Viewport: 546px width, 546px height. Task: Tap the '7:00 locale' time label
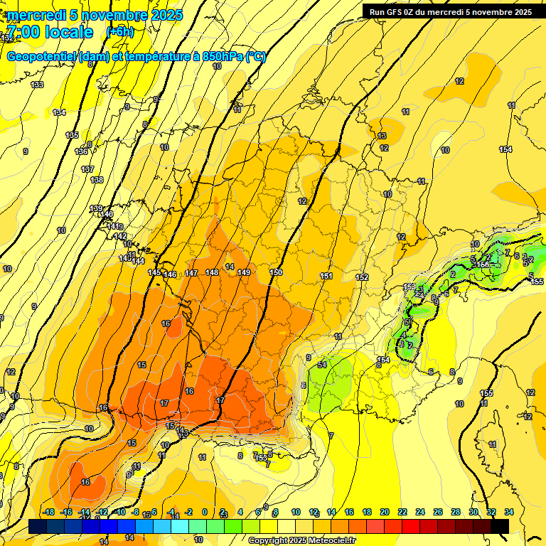click(x=50, y=33)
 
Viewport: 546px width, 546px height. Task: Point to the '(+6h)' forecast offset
click(x=119, y=32)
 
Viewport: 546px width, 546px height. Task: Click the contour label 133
click(x=38, y=85)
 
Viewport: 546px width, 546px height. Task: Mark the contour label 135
click(x=72, y=135)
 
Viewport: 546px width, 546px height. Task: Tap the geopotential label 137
click(x=87, y=169)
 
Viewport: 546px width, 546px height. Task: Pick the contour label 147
click(x=191, y=273)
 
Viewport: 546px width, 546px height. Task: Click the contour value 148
click(x=212, y=272)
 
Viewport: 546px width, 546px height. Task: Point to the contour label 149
click(x=244, y=272)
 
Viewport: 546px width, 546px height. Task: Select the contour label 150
click(x=277, y=272)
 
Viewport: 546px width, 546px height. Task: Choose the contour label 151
click(x=326, y=276)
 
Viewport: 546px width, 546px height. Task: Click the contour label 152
click(x=362, y=277)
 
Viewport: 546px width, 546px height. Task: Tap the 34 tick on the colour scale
click(x=508, y=511)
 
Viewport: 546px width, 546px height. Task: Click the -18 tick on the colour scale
click(x=48, y=511)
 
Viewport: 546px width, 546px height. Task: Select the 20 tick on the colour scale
click(x=385, y=511)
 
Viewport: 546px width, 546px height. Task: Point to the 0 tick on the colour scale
click(x=205, y=511)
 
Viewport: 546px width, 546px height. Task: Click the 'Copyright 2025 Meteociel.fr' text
click(x=301, y=540)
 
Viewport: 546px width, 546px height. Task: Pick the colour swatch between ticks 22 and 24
click(x=412, y=526)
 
